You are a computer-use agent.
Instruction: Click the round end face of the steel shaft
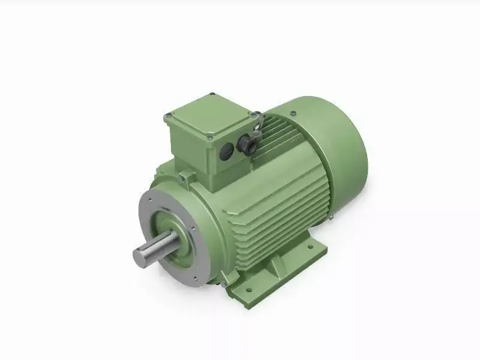coord(141,256)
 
